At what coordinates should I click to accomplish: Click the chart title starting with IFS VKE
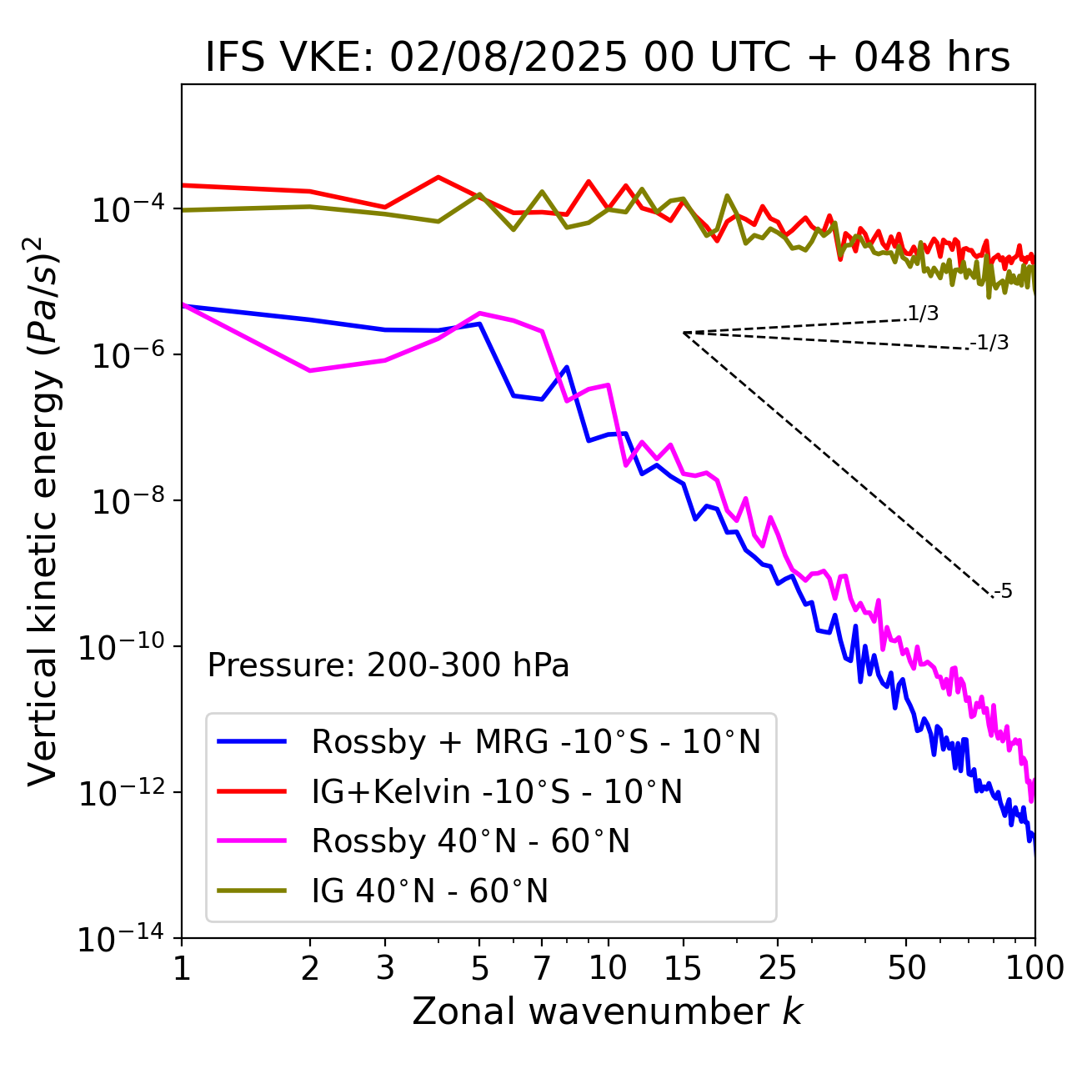point(607,58)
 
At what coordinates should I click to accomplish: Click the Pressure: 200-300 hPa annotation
point(388,665)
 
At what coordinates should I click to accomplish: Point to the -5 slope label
point(1003,591)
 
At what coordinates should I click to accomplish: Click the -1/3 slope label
point(989,342)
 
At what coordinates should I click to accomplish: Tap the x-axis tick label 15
point(683,968)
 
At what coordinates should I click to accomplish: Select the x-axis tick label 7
point(542,968)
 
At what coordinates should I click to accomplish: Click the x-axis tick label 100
point(1034,968)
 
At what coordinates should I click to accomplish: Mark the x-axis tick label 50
point(906,968)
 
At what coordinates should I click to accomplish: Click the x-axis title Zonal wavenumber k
point(607,1011)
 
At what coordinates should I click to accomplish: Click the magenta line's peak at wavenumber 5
point(479,314)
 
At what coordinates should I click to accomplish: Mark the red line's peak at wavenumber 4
point(438,177)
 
